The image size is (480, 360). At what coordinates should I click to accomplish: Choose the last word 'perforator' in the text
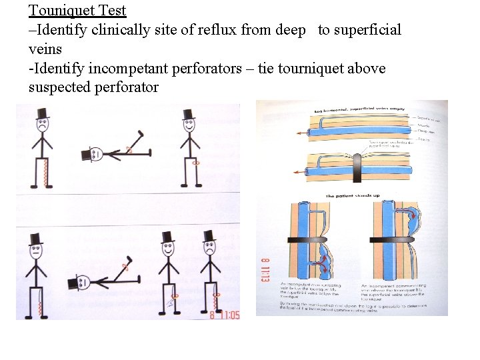(x=127, y=87)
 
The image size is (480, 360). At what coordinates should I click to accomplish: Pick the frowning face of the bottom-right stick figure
(x=209, y=249)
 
